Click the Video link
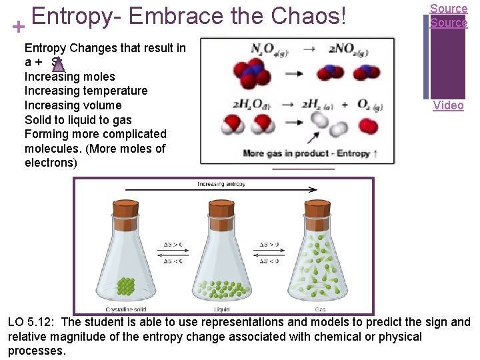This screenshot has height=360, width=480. [x=448, y=105]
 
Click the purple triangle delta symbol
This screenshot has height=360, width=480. [x=58, y=64]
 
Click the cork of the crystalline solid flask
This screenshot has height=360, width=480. [x=125, y=210]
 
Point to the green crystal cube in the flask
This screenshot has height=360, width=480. [x=125, y=286]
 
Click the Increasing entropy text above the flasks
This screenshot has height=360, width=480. [x=221, y=184]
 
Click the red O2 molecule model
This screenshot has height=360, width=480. [x=367, y=125]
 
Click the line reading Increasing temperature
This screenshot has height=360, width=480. [x=86, y=91]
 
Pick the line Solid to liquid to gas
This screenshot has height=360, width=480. [x=78, y=119]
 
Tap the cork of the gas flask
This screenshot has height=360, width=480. [x=317, y=210]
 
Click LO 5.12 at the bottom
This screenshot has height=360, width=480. [x=31, y=323]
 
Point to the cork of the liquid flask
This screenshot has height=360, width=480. [x=221, y=210]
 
